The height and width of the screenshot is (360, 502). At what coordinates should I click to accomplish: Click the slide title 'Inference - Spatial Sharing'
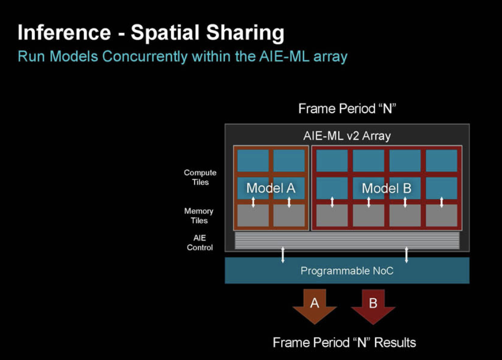(x=151, y=33)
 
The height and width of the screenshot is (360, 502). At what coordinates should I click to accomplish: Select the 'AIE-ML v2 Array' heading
(x=346, y=136)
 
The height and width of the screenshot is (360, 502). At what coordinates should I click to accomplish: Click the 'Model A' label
(x=270, y=188)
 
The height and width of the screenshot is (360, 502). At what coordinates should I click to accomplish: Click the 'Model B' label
(x=386, y=188)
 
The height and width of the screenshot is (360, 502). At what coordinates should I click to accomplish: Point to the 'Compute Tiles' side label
(x=200, y=177)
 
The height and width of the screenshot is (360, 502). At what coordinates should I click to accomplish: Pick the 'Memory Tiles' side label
(x=199, y=215)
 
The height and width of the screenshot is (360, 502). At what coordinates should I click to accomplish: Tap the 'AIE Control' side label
(x=200, y=243)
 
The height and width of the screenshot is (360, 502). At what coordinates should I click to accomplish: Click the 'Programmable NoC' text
(x=346, y=271)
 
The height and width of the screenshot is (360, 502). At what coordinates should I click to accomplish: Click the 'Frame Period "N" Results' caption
(x=344, y=342)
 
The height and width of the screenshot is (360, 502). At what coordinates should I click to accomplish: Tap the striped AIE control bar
(x=346, y=240)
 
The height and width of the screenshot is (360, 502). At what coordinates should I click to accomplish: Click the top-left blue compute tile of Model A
(x=253, y=160)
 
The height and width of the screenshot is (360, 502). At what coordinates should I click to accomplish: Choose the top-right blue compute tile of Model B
(x=441, y=160)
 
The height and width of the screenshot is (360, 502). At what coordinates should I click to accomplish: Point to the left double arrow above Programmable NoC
(x=283, y=254)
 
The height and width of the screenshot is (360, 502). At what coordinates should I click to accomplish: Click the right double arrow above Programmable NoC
(x=407, y=254)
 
